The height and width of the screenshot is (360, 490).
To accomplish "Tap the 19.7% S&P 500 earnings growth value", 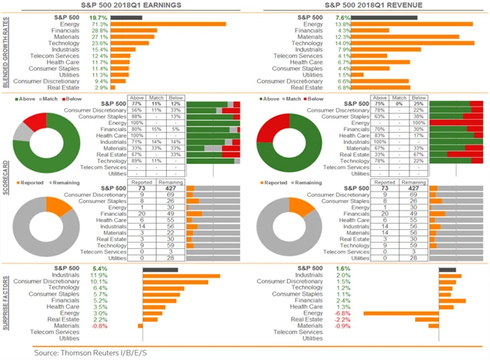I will tap(98, 16).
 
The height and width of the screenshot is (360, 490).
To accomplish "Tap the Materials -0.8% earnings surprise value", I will tap(99, 326).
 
